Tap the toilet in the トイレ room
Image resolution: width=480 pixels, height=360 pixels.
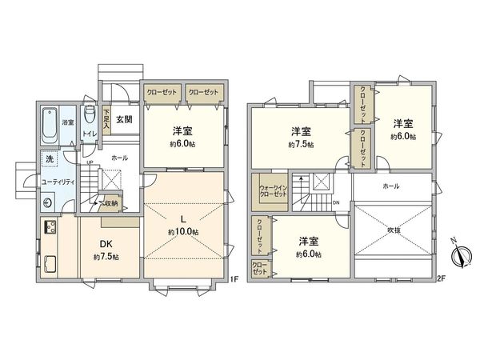(90, 115)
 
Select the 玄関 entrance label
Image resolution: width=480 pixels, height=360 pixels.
(124, 119)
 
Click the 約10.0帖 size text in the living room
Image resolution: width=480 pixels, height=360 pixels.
(183, 232)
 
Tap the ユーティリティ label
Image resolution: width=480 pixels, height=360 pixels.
(58, 182)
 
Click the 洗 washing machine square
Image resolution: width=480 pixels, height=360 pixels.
(50, 158)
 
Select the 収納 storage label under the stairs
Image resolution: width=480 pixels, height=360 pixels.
(110, 204)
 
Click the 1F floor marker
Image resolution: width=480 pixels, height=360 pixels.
(234, 280)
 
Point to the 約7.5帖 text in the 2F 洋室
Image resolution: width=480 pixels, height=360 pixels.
(301, 145)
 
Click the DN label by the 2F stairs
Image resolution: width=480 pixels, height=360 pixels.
(336, 202)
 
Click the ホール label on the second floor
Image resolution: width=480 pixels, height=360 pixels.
(391, 186)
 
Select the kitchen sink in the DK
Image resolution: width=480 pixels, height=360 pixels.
(50, 262)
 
